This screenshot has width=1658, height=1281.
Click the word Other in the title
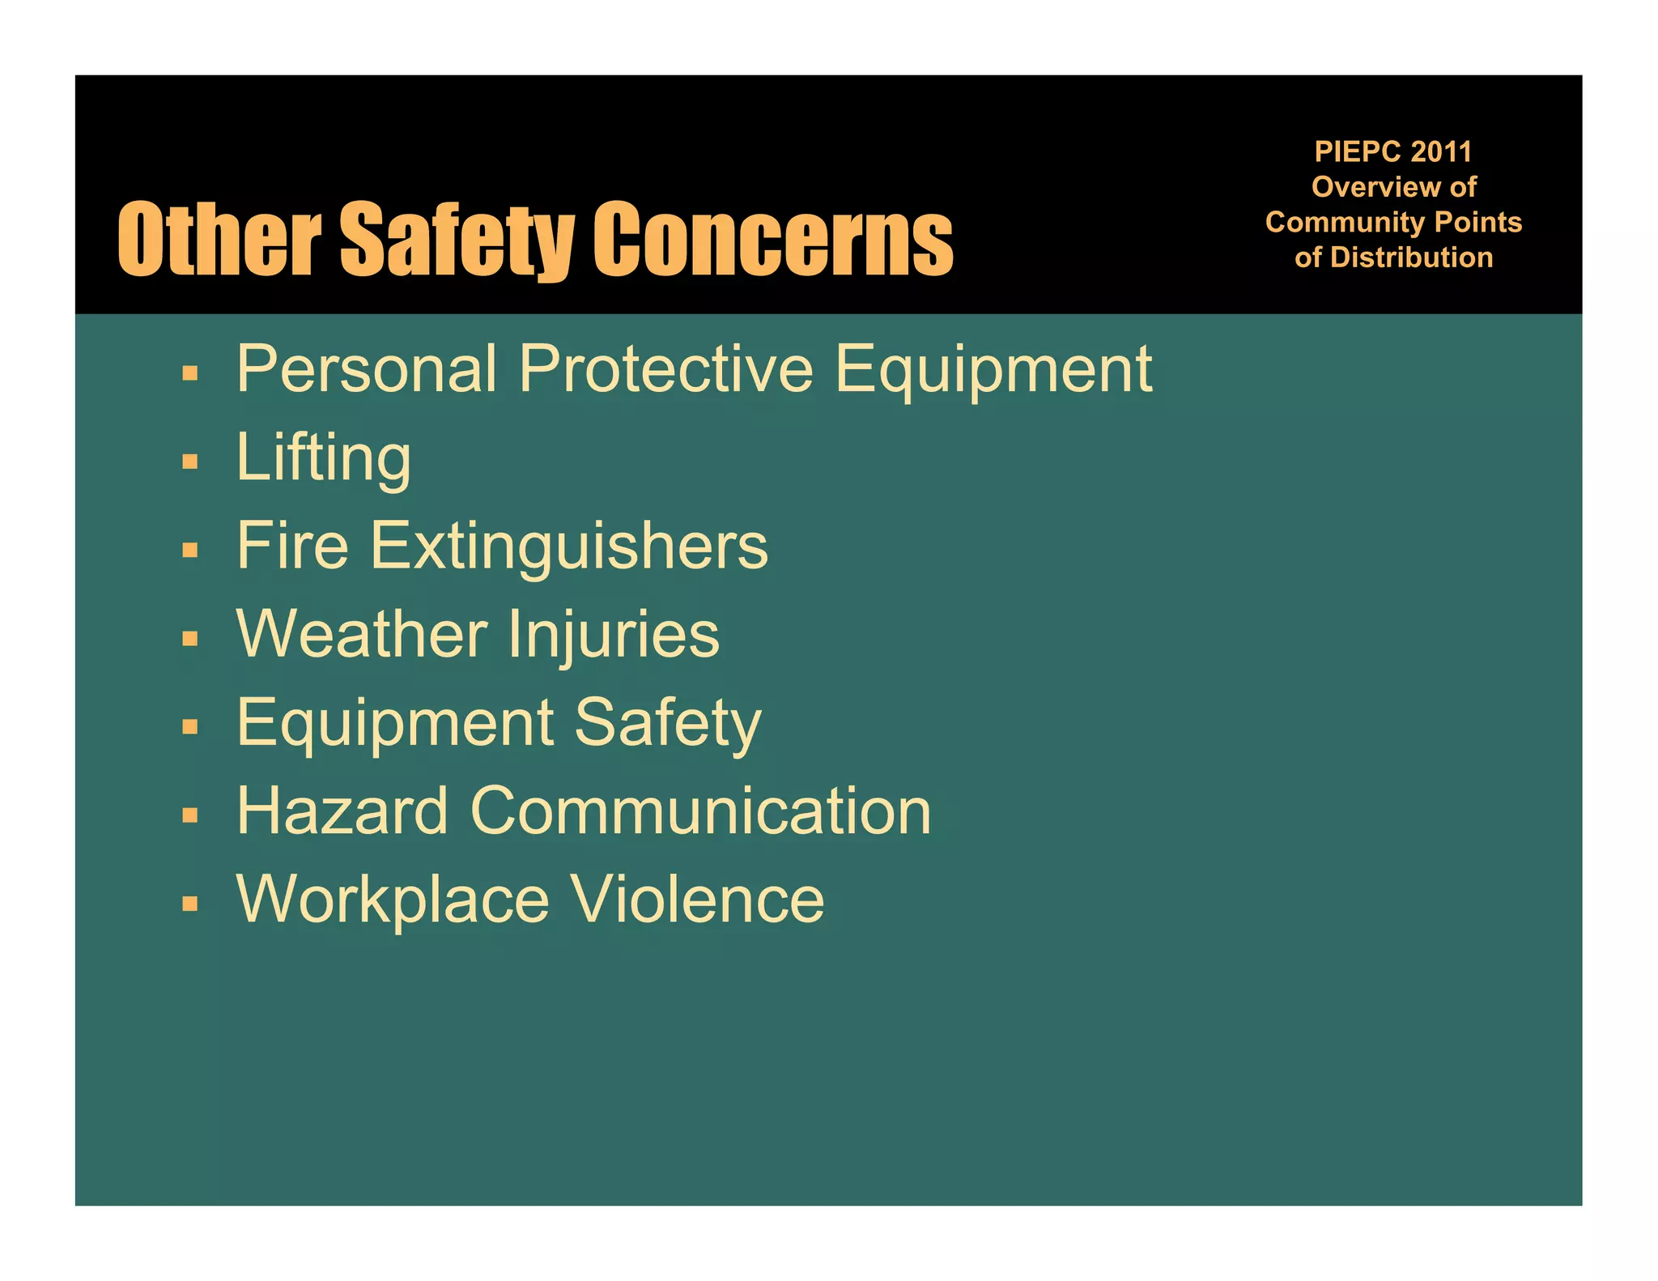219,240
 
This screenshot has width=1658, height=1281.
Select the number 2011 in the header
1440,151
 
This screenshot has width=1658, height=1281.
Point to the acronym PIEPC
1358,151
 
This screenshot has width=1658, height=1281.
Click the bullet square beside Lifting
190,462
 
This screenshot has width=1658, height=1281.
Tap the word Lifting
323,458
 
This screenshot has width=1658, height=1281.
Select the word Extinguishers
569,547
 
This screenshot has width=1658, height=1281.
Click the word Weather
362,634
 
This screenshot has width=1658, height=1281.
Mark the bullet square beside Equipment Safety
190,726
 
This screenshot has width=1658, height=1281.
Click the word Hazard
342,811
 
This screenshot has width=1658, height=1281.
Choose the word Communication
700,811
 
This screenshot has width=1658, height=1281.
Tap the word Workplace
393,899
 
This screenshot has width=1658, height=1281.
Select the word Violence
697,899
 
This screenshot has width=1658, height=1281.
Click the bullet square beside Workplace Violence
190,903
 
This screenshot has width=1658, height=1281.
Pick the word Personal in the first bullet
367,369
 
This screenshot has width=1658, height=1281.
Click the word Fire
292,546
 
